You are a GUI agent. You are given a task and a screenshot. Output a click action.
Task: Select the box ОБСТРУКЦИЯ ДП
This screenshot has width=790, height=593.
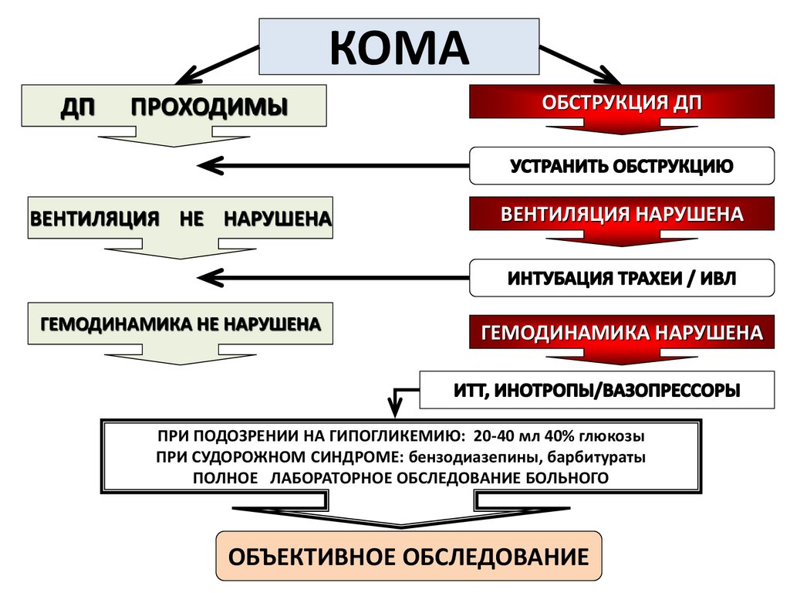(622, 102)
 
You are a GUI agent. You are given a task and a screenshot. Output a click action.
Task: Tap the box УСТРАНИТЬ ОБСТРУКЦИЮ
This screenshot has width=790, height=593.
(622, 165)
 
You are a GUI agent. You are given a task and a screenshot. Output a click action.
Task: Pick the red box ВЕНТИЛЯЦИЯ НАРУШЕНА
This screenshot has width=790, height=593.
(622, 214)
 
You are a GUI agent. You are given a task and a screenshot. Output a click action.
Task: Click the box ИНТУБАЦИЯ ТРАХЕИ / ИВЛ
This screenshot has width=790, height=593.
(622, 278)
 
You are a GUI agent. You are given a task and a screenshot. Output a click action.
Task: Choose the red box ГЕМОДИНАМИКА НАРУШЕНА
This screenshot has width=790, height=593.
(622, 333)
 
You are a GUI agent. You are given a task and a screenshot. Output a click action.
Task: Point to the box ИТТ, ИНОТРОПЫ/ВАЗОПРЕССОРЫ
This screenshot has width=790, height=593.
(597, 391)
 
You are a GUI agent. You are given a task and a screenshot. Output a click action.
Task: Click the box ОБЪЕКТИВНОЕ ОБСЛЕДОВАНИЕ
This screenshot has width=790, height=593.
(409, 556)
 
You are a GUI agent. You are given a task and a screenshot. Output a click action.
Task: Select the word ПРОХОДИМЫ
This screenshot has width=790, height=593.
(209, 106)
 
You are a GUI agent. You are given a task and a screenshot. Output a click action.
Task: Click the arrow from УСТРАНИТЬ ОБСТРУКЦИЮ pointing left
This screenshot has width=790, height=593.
(332, 165)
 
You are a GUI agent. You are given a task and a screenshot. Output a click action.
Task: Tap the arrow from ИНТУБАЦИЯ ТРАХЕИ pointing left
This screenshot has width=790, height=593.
(332, 276)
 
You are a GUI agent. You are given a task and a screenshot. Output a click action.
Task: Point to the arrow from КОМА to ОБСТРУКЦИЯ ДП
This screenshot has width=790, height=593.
(580, 65)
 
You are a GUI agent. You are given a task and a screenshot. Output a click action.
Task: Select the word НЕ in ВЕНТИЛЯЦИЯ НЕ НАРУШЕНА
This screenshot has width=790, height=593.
(191, 219)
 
